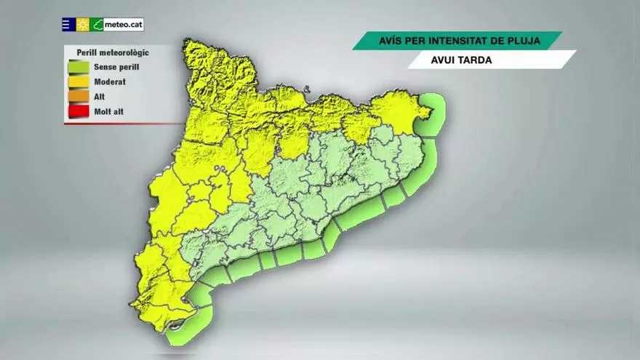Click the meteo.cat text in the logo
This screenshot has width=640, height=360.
point(124,25)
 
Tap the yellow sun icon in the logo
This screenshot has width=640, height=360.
point(83,25)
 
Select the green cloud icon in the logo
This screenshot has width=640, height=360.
point(97,25)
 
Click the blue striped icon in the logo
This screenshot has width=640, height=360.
point(68,25)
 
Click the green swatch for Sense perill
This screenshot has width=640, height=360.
point(79,67)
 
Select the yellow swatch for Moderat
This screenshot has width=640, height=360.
point(79,82)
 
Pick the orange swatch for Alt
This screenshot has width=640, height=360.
point(79,97)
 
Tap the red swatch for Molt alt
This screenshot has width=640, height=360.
point(79,111)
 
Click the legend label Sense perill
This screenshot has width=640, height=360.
point(116,67)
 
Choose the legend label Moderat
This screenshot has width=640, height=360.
point(110,82)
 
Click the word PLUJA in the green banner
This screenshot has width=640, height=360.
point(523,41)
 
